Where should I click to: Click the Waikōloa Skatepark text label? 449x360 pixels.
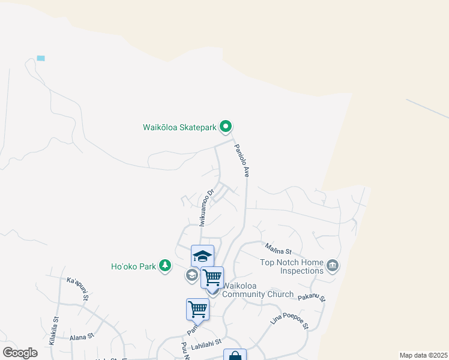179,127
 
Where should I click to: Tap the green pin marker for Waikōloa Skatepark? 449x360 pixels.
226,126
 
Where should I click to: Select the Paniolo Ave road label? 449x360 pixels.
241,161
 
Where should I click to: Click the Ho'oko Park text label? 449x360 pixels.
133,266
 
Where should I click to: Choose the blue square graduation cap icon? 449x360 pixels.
202,256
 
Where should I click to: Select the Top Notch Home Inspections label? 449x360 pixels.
292,266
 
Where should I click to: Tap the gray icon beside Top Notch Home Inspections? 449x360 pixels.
333,265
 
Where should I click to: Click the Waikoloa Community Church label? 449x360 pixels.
258,294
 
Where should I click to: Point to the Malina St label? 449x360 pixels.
279,248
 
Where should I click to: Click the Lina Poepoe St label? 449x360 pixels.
289,317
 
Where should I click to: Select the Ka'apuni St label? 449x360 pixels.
78,289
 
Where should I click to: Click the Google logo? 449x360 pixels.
20,352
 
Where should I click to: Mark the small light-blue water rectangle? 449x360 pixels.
41,58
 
